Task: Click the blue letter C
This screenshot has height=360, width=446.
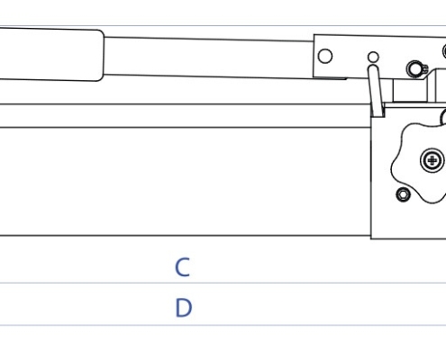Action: [182, 266]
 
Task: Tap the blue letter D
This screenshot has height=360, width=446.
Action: [183, 308]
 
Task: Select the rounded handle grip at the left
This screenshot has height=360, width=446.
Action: [51, 55]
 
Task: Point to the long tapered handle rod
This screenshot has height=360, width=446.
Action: [209, 58]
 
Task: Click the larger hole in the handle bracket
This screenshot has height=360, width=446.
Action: [325, 57]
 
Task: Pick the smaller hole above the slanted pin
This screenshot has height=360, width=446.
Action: [373, 57]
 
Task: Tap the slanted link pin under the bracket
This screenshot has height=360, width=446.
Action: [376, 91]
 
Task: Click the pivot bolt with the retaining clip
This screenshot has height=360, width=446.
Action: [415, 68]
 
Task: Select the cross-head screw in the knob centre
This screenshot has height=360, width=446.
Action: [432, 160]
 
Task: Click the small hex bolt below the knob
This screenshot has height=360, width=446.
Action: [404, 194]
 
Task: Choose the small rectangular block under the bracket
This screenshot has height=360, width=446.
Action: [410, 91]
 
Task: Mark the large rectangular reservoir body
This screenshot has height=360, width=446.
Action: [186, 182]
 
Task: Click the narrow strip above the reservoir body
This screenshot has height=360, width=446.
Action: [186, 116]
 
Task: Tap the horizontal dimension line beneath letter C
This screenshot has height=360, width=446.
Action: [223, 283]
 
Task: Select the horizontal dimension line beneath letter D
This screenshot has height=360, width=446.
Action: [223, 325]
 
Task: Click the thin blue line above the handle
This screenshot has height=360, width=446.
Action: [223, 26]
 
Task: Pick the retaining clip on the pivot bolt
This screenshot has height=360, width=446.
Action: [425, 69]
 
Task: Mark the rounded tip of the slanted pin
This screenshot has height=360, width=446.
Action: [373, 67]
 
